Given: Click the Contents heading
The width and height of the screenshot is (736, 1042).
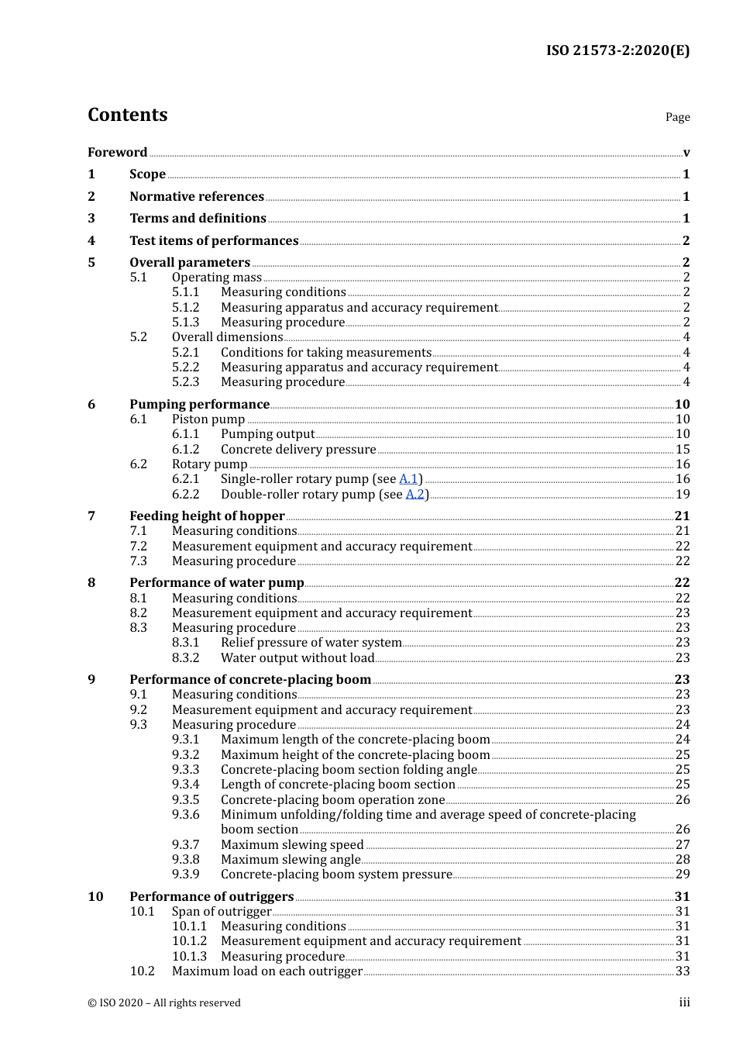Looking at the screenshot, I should [127, 115].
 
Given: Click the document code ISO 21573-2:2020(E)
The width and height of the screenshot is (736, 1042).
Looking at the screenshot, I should [617, 51].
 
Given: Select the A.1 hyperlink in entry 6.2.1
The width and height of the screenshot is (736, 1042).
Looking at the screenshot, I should [408, 479].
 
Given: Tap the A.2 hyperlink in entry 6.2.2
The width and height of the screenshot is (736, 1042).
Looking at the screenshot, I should [414, 495].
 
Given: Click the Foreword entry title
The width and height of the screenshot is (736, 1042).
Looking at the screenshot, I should [117, 153].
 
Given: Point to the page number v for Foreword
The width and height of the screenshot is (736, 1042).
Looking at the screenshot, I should [686, 153].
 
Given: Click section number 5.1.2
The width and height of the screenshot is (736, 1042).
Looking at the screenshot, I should [185, 308].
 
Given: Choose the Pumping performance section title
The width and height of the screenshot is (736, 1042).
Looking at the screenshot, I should [199, 405].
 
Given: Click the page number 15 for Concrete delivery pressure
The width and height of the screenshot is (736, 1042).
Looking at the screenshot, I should [682, 450].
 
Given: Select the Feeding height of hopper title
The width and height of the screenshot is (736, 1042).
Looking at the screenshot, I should [207, 516].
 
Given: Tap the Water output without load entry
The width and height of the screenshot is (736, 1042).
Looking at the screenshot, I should [297, 658].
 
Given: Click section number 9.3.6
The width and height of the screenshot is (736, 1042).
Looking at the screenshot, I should [185, 815].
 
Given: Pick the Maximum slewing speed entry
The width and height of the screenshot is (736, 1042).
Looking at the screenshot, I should [292, 845].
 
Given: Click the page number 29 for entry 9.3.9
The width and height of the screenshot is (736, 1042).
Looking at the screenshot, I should [682, 875].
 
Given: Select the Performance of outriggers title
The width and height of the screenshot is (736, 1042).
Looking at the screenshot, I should [212, 897].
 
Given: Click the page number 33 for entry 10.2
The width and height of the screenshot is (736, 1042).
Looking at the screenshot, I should [682, 971].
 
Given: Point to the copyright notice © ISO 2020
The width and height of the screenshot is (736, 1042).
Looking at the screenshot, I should [164, 1003].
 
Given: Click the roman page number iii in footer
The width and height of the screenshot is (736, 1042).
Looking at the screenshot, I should [684, 1002].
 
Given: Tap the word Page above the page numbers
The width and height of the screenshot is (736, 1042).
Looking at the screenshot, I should [677, 117].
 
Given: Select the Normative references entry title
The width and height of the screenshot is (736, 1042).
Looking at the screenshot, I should [197, 197].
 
